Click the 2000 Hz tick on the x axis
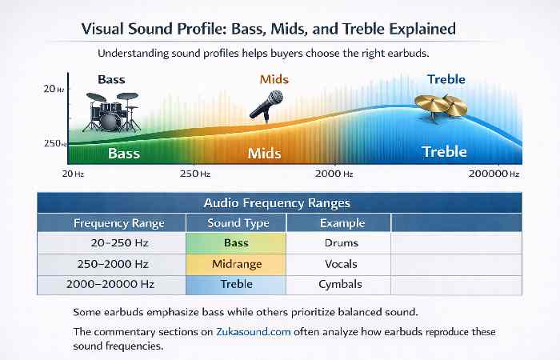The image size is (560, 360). pos(334,173)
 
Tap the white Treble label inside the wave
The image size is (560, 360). pos(444,151)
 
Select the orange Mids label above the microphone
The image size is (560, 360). pos(274,80)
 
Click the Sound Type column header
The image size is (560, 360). pos(238,223)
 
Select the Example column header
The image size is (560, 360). pos(342,223)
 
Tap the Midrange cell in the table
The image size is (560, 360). pos(238,263)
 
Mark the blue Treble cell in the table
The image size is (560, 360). pos(238,284)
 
